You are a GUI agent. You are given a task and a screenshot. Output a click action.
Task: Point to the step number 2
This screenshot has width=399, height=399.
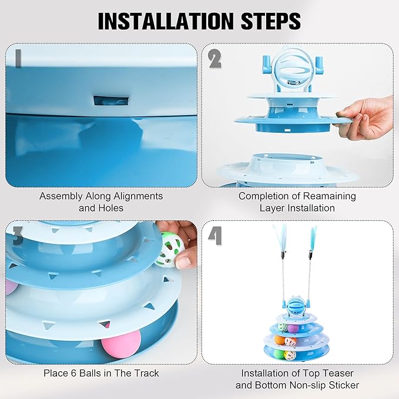(215, 59)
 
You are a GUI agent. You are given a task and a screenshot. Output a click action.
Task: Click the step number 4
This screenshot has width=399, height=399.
(215, 237)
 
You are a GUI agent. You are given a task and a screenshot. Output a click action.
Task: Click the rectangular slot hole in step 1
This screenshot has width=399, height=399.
(101, 99)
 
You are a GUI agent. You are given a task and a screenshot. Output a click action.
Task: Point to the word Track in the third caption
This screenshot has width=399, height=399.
(145, 373)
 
